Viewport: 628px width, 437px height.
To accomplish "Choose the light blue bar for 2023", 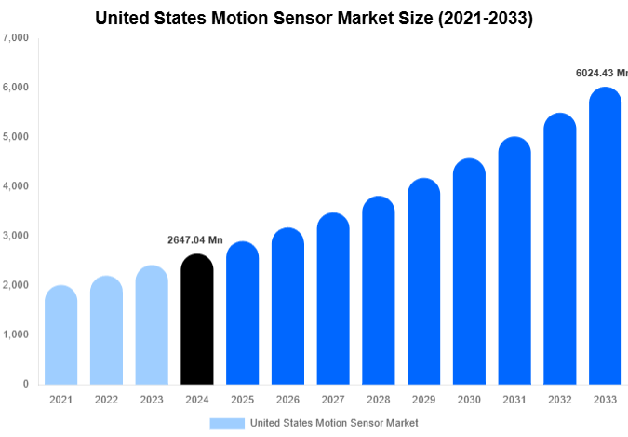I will coord(152,325).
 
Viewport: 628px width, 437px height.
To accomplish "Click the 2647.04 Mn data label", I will coord(195,240).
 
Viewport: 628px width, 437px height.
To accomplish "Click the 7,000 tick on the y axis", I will coord(16,38).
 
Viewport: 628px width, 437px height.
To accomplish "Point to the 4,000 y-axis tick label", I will coord(16,186).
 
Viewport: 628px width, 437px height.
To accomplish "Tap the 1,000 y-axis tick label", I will coord(16,335).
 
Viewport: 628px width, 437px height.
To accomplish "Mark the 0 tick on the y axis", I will coord(24,384).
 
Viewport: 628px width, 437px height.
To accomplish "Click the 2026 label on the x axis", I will coord(287,400).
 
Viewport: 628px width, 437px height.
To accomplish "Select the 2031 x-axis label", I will coord(514,400).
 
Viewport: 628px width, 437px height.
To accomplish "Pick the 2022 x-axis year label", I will coord(106,400).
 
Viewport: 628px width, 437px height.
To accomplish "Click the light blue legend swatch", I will coord(227,423).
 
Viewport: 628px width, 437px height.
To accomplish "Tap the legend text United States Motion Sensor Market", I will coord(334,423).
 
